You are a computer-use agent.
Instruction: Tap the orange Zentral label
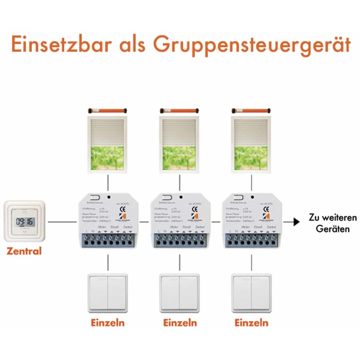click(x=24, y=251)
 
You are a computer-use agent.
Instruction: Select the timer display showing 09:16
click(x=25, y=222)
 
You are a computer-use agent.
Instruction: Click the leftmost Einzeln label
click(x=108, y=323)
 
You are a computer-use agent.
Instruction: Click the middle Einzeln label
click(x=180, y=323)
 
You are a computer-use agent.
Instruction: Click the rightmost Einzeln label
click(x=252, y=323)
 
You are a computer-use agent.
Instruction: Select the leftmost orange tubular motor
click(x=108, y=110)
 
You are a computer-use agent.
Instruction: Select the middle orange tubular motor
click(x=180, y=110)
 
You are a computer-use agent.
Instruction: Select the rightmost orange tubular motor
click(x=252, y=110)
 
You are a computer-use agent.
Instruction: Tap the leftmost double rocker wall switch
click(x=108, y=292)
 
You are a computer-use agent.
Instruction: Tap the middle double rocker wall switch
click(x=180, y=292)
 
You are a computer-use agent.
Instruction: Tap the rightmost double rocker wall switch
click(x=252, y=292)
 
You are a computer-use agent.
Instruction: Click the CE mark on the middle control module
click(x=194, y=209)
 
